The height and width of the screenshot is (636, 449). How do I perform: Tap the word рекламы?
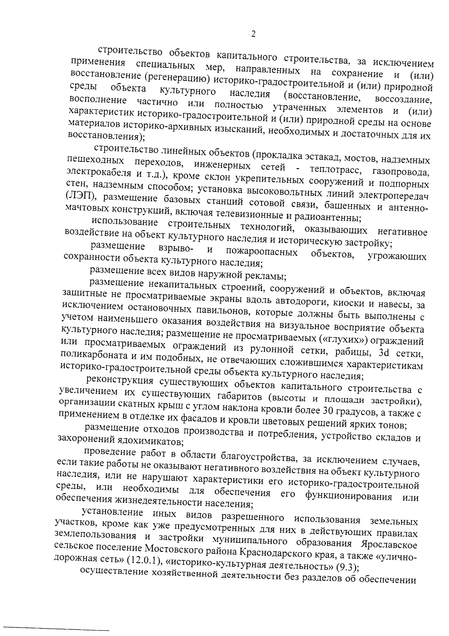tap(266, 277)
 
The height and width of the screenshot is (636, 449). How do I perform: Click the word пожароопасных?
tap(262, 252)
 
